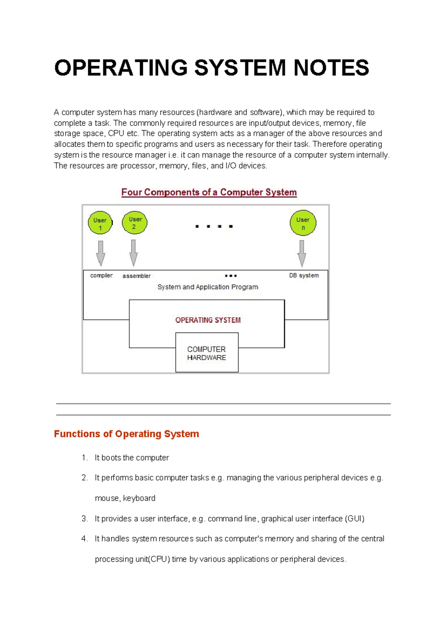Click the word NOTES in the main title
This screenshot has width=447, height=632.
point(331,68)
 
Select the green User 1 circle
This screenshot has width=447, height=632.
point(100,223)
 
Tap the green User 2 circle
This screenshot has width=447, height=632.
point(134,223)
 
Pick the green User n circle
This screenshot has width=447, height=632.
point(303,223)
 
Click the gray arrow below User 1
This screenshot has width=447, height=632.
point(101,253)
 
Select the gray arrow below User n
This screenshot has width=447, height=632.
point(302,253)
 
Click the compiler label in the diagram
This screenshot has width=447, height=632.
point(101,276)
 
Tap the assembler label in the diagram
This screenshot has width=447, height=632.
point(136,276)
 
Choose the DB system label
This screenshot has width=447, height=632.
point(304,276)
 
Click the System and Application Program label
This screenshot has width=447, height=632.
point(207,287)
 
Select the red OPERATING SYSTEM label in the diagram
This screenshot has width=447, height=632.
point(208,320)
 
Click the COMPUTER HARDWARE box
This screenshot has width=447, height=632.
point(207,353)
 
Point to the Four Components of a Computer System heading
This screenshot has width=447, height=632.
point(209,193)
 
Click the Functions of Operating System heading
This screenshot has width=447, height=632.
point(126,434)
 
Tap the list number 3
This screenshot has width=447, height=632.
point(85,519)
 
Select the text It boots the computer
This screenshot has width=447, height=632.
point(131,458)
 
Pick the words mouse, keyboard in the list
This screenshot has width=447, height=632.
point(125,498)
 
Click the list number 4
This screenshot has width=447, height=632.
point(85,539)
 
